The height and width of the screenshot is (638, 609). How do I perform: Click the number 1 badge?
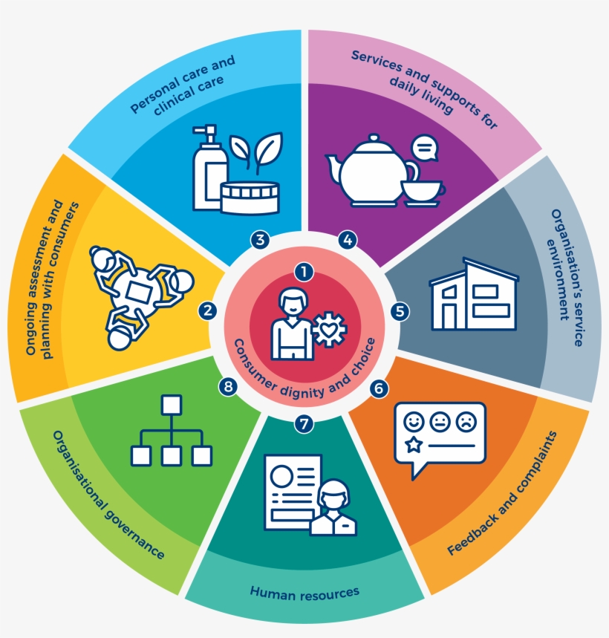[303, 273]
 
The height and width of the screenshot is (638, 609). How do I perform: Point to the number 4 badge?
[347, 240]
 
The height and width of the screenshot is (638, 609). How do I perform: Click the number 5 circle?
[400, 312]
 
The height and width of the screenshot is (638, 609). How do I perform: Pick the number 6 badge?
[379, 388]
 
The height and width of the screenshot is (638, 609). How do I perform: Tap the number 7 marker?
[302, 424]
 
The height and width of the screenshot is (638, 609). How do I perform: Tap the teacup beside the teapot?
[420, 192]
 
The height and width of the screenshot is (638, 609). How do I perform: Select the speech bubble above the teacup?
[423, 149]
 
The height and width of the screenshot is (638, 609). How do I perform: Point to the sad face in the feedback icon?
[465, 421]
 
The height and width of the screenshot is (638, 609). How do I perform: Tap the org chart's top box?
[172, 406]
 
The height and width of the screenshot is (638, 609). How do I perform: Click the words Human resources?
[304, 592]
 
